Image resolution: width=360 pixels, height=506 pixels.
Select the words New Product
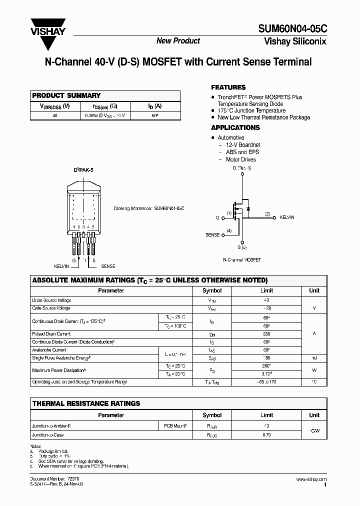click(x=178, y=41)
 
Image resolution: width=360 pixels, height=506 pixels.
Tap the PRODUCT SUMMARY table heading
click(x=66, y=95)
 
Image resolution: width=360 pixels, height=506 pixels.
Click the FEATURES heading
click(x=228, y=87)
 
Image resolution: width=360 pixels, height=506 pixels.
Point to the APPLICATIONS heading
click(x=235, y=127)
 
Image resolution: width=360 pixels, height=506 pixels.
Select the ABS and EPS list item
click(x=242, y=152)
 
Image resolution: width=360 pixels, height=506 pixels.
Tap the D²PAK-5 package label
click(x=83, y=170)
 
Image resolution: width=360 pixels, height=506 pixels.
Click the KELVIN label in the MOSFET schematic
click(x=286, y=218)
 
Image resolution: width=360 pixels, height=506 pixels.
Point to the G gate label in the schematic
click(x=217, y=218)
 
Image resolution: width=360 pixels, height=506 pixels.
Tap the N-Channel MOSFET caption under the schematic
click(x=242, y=260)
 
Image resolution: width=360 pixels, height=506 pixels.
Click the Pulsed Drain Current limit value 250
click(x=266, y=334)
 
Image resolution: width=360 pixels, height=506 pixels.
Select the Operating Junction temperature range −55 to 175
click(x=266, y=382)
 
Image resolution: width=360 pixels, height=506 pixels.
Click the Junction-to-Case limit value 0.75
click(x=266, y=435)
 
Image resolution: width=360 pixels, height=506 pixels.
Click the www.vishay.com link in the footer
click(x=311, y=479)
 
